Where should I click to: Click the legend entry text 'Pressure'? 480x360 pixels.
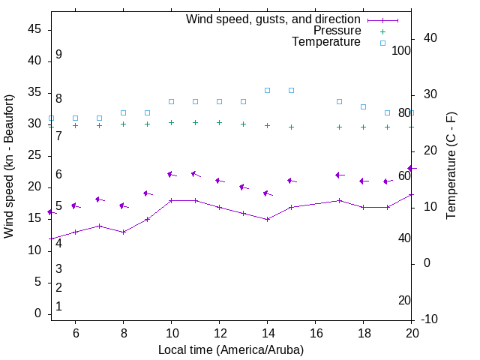[337, 31]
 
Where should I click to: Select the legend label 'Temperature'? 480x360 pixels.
[326, 42]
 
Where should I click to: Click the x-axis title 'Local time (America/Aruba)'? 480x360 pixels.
[231, 349]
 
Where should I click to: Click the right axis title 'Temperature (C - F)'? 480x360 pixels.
[451, 166]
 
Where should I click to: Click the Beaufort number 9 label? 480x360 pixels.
[58, 55]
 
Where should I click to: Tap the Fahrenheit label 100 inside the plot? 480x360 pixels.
[401, 50]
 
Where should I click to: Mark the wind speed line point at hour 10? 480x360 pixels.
[171, 200]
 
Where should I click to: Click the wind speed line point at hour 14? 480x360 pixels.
[267, 219]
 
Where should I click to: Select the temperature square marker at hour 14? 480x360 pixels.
[267, 90]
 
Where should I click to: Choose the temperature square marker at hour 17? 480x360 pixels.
[339, 101]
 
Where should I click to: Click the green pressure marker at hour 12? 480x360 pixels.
[219, 122]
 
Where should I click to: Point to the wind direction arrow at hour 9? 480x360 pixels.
[148, 193]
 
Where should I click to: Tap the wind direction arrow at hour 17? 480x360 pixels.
[340, 175]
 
